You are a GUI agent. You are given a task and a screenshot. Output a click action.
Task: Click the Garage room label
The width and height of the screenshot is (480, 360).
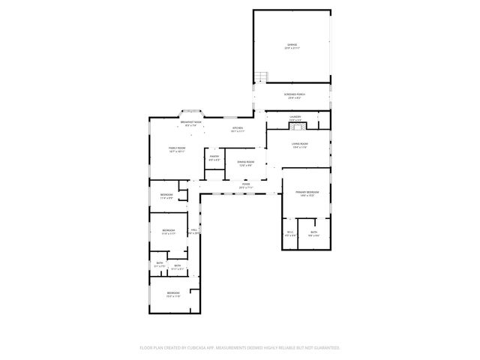[x=292, y=46]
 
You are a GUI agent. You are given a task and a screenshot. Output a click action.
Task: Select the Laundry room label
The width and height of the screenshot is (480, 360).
[x=295, y=116]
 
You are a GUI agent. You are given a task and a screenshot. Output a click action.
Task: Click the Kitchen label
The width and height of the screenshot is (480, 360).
[x=237, y=128]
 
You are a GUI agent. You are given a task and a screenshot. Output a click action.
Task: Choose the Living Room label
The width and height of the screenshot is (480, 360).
[x=299, y=143]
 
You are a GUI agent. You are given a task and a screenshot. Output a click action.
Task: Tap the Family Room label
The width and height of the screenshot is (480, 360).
[x=176, y=148]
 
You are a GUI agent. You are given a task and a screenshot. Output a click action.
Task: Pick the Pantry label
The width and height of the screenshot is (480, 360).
[x=214, y=156]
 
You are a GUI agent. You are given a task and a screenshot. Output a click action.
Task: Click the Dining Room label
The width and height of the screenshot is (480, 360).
[x=245, y=161]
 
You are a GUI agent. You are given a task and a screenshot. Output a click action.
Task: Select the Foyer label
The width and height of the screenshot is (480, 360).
[x=245, y=184]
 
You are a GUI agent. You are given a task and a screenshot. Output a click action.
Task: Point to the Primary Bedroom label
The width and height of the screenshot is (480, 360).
[x=307, y=192]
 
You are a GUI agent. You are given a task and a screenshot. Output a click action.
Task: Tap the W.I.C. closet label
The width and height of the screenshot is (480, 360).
[x=290, y=232]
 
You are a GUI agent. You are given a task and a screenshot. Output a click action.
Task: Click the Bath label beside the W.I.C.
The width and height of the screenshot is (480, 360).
[x=313, y=232]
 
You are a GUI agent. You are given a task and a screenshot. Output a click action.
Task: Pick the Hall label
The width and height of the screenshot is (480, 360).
[x=193, y=229]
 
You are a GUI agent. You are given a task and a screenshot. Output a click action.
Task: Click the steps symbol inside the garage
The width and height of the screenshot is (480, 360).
[x=261, y=77]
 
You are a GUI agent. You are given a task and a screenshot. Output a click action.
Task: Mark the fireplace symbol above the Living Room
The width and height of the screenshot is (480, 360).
[x=295, y=124]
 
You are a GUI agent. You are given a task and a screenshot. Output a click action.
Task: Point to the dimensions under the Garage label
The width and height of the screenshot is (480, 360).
[x=292, y=49]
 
